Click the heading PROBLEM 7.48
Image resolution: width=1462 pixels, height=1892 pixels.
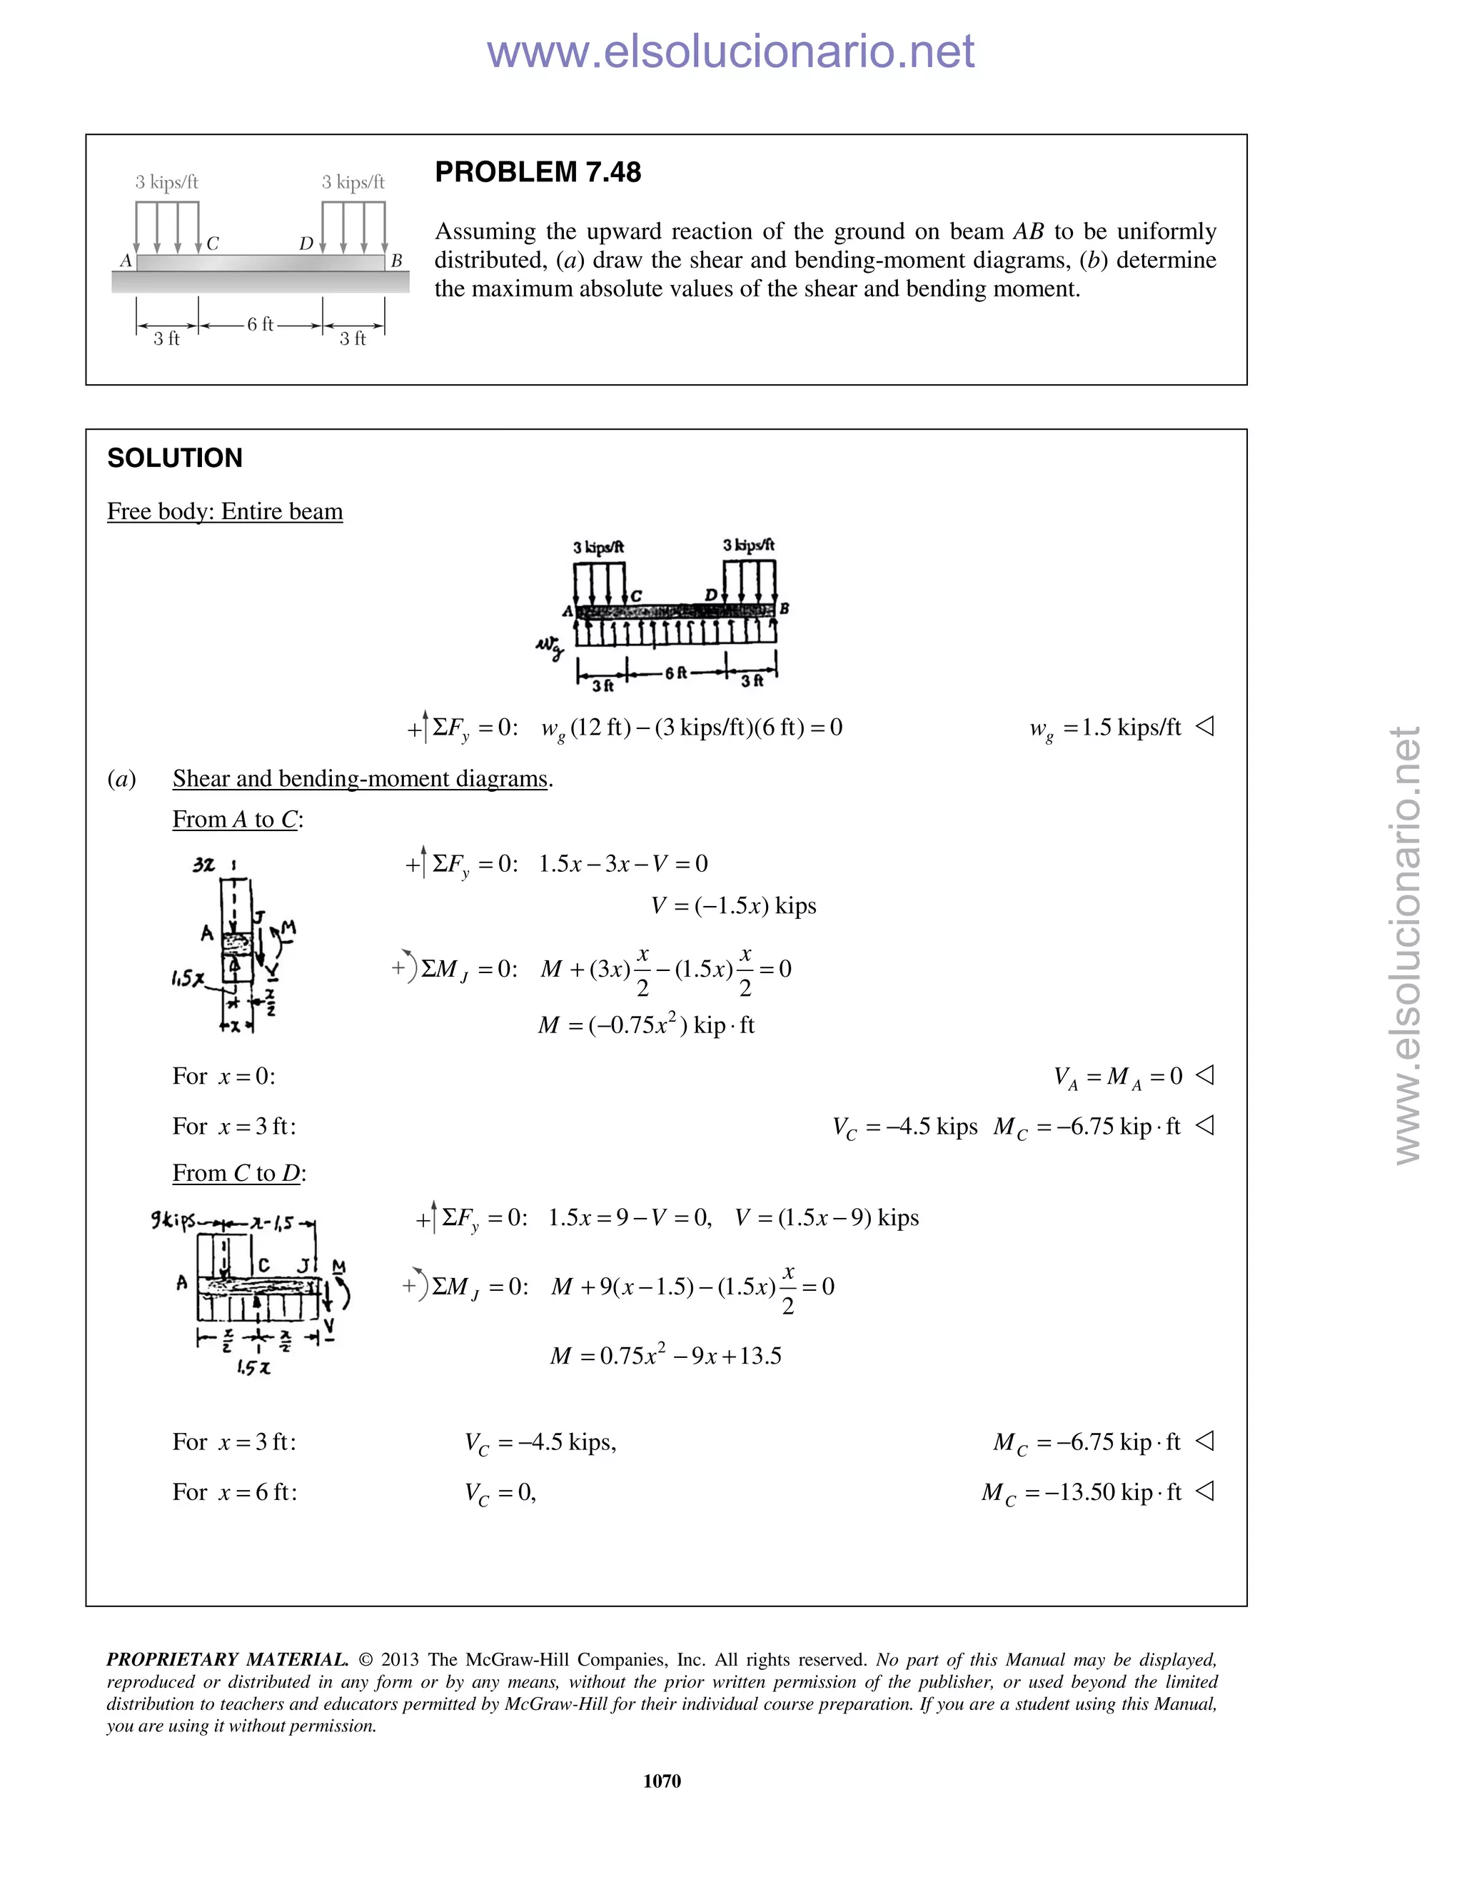pos(537,172)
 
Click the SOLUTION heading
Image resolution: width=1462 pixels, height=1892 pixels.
pos(174,458)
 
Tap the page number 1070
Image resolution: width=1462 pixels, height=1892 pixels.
pos(662,1781)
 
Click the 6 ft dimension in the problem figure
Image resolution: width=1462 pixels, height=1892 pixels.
pos(260,324)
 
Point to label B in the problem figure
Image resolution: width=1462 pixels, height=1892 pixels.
pos(397,261)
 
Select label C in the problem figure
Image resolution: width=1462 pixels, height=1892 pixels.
pos(213,244)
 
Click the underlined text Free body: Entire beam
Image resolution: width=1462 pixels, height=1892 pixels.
pos(224,511)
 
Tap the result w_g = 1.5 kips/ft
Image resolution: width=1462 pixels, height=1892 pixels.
pos(1105,728)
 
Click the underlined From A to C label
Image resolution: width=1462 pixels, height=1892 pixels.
pos(236,820)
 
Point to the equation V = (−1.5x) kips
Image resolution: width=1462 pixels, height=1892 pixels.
pos(732,906)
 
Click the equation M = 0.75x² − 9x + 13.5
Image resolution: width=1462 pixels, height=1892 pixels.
pos(665,1355)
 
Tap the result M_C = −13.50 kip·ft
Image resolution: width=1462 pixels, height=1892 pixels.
pos(1081,1491)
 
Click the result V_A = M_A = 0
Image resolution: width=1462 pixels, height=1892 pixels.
pos(1117,1077)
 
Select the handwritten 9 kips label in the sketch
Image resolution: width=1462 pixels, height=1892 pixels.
pos(173,1221)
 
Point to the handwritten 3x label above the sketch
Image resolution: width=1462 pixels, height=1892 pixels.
pos(203,865)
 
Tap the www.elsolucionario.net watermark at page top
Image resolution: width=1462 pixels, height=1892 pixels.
pos(730,51)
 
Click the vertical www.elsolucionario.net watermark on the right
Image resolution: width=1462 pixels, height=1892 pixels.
pos(1408,945)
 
